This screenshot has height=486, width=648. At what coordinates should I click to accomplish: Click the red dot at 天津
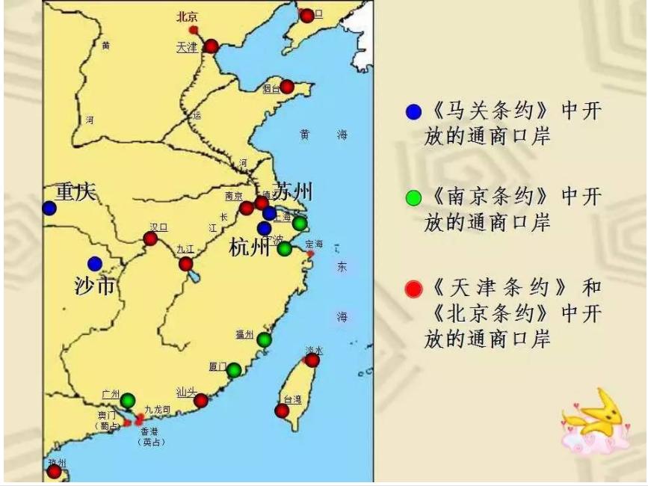pyautogui.click(x=212, y=46)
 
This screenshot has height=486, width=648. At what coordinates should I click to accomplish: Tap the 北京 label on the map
pyautogui.click(x=186, y=16)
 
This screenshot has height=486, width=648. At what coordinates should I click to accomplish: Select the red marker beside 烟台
pyautogui.click(x=287, y=87)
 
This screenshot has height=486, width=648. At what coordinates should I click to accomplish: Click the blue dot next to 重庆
pyautogui.click(x=49, y=208)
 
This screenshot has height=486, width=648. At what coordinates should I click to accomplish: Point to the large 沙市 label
pyautogui.click(x=94, y=285)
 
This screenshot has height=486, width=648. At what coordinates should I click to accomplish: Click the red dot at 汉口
pyautogui.click(x=150, y=239)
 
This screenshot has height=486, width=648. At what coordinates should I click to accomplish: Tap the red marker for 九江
pyautogui.click(x=185, y=264)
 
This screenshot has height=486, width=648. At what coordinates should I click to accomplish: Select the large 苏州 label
pyautogui.click(x=293, y=191)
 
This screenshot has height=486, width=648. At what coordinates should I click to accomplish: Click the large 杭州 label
pyautogui.click(x=249, y=247)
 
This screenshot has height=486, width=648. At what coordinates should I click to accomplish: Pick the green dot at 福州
pyautogui.click(x=264, y=340)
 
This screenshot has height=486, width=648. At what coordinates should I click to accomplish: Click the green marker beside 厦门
pyautogui.click(x=234, y=369)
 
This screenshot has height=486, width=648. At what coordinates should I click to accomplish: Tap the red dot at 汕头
pyautogui.click(x=201, y=401)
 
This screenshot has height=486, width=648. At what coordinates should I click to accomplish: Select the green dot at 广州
pyautogui.click(x=128, y=401)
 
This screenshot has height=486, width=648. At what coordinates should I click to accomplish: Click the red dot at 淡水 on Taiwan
pyautogui.click(x=312, y=360)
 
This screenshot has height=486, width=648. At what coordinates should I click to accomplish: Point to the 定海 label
pyautogui.click(x=314, y=244)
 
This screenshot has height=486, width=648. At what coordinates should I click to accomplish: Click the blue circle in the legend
pyautogui.click(x=413, y=112)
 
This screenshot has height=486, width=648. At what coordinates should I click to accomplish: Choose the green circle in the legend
pyautogui.click(x=413, y=198)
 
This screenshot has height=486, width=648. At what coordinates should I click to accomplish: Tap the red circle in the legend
pyautogui.click(x=413, y=289)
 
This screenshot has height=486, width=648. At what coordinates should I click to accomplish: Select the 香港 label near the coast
pyautogui.click(x=150, y=431)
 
